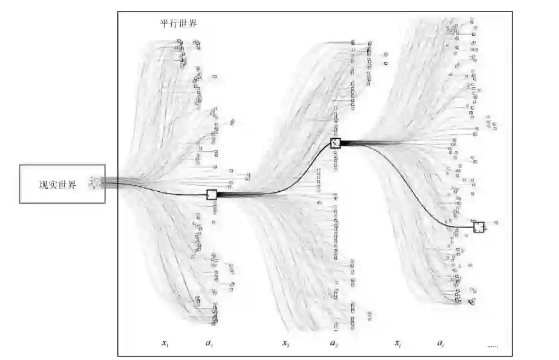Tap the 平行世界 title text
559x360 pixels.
(x=174, y=24)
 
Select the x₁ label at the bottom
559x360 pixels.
(x=165, y=344)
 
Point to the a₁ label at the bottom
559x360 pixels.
(x=209, y=344)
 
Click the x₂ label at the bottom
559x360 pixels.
(x=286, y=344)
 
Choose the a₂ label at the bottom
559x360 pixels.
(x=333, y=344)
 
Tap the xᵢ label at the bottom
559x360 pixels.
(x=397, y=344)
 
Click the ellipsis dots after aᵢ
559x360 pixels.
(x=492, y=345)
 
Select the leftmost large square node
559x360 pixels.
(x=212, y=194)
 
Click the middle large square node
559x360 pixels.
(x=336, y=143)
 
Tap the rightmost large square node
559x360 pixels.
(x=479, y=227)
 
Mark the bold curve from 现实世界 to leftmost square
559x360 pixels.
(x=157, y=189)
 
